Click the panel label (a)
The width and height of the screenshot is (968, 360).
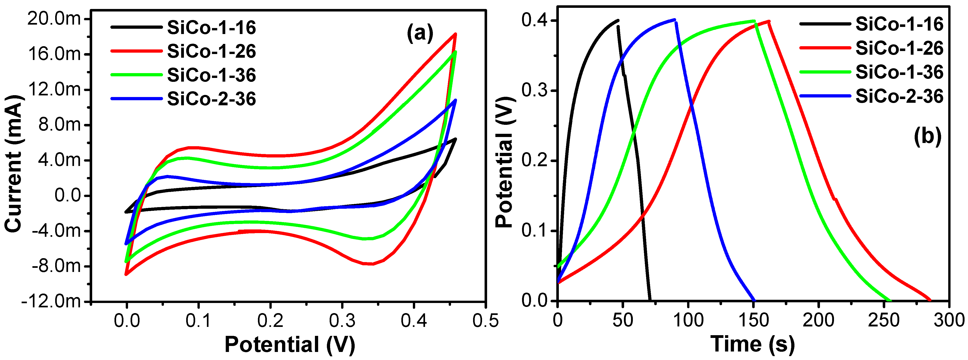pyautogui.click(x=420, y=34)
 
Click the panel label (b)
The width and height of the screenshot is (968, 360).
pyautogui.click(x=927, y=136)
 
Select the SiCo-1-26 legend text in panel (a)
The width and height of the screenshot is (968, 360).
pyautogui.click(x=211, y=51)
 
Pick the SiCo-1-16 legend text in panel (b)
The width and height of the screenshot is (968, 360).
pyautogui.click(x=899, y=24)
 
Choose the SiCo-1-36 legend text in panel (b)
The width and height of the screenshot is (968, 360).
pyautogui.click(x=899, y=72)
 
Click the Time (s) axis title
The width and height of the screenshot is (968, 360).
pyautogui.click(x=752, y=344)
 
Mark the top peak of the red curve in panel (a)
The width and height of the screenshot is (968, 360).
pyautogui.click(x=455, y=34)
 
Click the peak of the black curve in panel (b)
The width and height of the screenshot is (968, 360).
pyautogui.click(x=618, y=20)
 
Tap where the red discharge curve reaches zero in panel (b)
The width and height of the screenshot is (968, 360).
pyautogui.click(x=930, y=300)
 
